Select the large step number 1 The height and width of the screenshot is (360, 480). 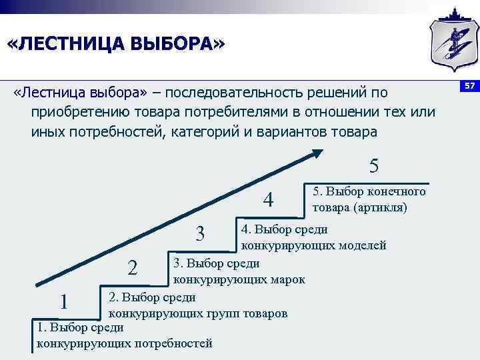coord(64,302)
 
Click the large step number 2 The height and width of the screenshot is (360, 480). coord(133,268)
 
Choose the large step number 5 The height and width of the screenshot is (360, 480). coord(374,165)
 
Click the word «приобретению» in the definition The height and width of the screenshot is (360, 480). coord(73,112)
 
